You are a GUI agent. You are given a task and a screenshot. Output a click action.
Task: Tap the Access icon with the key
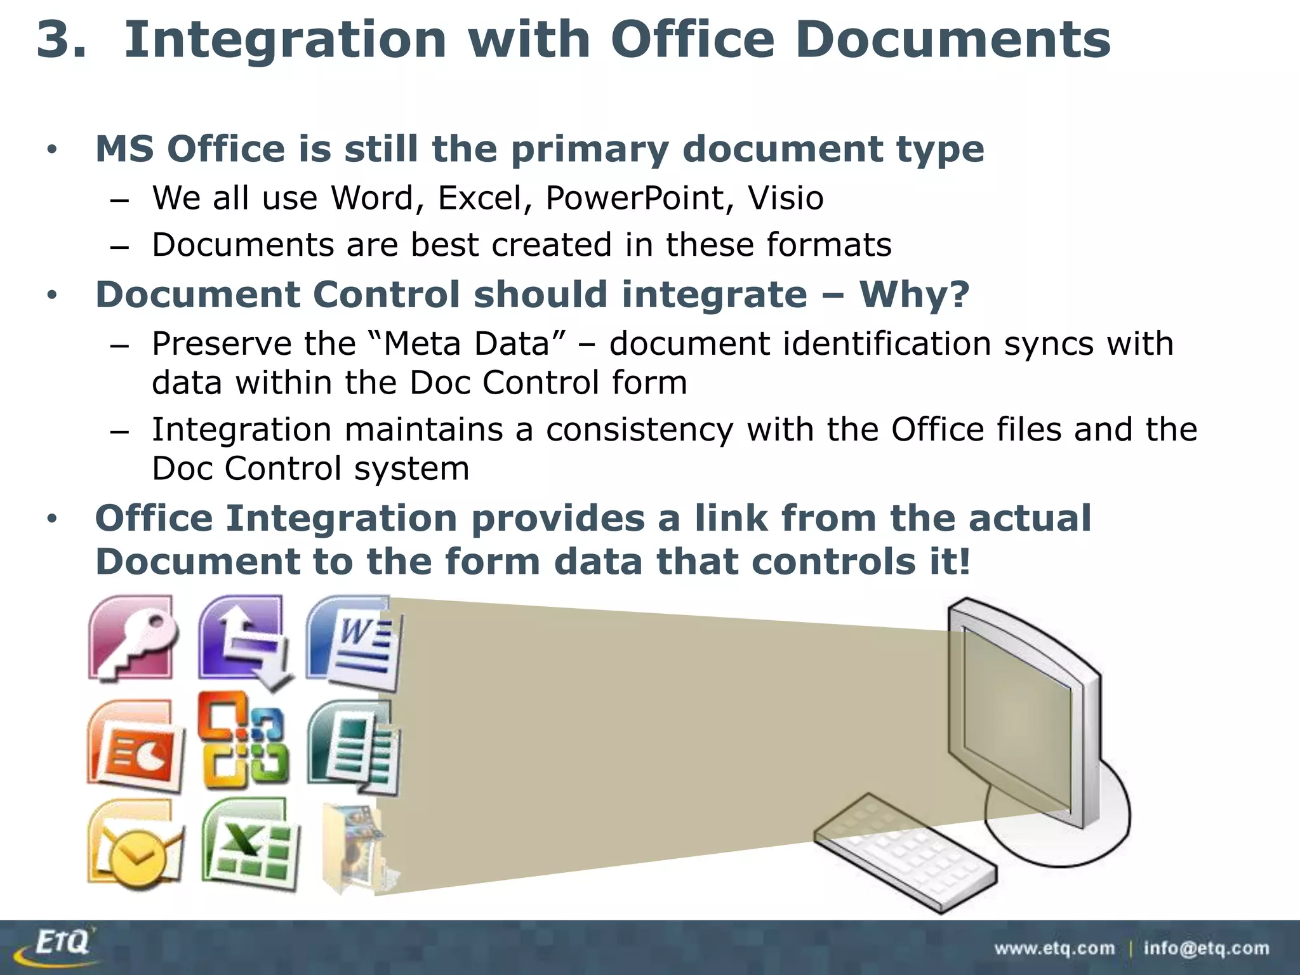(x=132, y=639)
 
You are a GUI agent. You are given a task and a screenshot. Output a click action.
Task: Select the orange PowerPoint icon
(x=135, y=746)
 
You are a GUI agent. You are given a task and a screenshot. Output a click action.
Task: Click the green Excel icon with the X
(x=250, y=846)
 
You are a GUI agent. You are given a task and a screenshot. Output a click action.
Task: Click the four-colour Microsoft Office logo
(x=243, y=740)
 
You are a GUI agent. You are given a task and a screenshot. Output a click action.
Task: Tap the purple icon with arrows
(x=244, y=641)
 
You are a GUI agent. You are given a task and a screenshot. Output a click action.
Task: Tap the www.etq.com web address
(x=1054, y=948)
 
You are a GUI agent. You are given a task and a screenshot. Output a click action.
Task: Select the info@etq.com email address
(x=1206, y=948)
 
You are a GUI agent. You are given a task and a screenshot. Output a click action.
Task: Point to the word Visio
(x=785, y=198)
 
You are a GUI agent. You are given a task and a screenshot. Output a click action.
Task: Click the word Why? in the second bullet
(x=914, y=295)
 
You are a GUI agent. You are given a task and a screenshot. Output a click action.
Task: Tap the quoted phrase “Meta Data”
(x=467, y=343)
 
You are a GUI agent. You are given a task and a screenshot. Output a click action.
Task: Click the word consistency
(x=639, y=430)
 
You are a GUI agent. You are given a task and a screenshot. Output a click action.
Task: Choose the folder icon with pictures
(x=354, y=847)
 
